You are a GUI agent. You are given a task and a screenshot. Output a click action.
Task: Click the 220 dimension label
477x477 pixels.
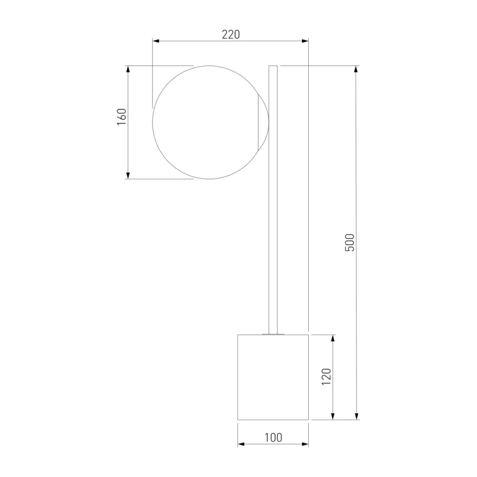pyautogui.click(x=231, y=35)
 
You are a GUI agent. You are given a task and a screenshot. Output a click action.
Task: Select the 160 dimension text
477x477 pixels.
pyautogui.click(x=122, y=117)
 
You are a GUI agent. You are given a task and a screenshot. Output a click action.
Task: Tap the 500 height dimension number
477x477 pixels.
pyautogui.click(x=350, y=243)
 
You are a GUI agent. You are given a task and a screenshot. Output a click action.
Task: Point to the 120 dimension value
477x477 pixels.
pyautogui.click(x=326, y=377)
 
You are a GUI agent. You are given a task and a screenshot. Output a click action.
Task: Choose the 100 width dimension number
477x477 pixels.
pyautogui.click(x=273, y=438)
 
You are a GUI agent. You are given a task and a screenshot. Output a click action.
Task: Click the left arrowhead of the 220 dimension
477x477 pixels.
pyautogui.click(x=156, y=41)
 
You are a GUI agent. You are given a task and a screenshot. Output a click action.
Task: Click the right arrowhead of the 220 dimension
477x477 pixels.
pyautogui.click(x=305, y=41)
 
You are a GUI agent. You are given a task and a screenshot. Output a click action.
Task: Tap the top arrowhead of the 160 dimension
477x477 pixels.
pyautogui.click(x=128, y=69)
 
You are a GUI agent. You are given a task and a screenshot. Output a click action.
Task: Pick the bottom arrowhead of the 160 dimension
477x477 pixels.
pyautogui.click(x=128, y=175)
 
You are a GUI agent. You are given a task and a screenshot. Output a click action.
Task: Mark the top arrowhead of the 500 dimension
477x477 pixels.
pyautogui.click(x=356, y=69)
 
